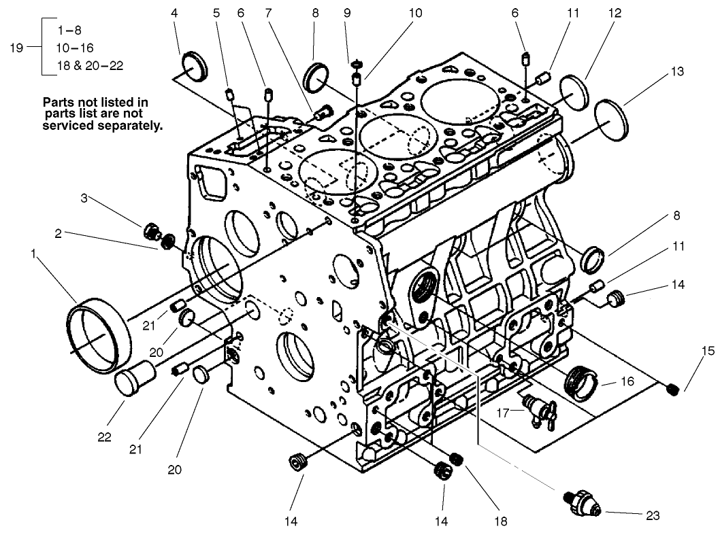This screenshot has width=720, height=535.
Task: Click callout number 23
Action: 653,516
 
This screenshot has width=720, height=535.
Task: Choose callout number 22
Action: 103,436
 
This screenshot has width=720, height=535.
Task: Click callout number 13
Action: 658,71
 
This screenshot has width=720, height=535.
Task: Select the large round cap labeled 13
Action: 612,120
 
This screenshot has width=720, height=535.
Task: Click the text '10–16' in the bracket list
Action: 76,48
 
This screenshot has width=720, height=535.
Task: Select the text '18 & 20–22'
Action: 91,65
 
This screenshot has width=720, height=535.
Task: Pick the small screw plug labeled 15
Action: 673,388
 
